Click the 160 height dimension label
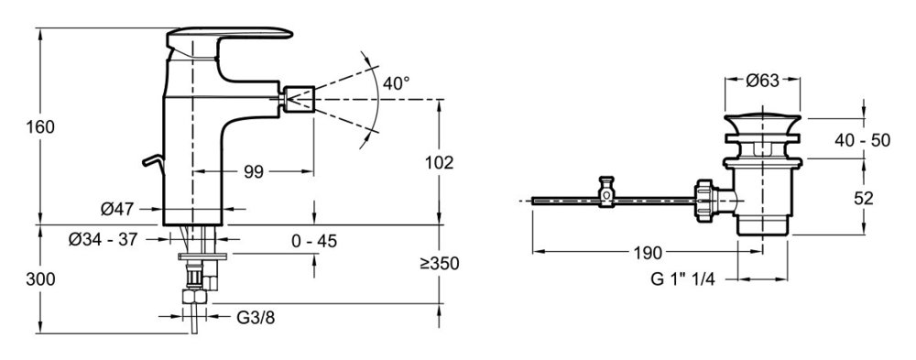(40, 126)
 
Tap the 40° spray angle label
(396, 83)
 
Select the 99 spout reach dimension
(254, 172)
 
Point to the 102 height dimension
(440, 162)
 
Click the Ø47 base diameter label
(118, 208)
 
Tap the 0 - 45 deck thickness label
(315, 241)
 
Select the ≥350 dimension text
(440, 264)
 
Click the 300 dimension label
(40, 279)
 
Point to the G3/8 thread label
(256, 318)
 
